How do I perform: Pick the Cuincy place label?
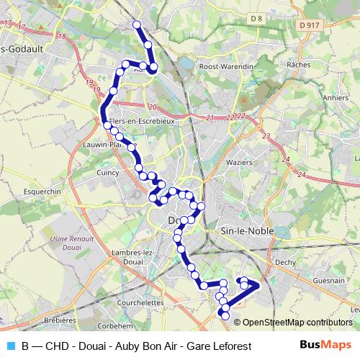[x=107, y=172]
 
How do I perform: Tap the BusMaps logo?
[x=327, y=346]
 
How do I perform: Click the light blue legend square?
[x=9, y=346]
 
